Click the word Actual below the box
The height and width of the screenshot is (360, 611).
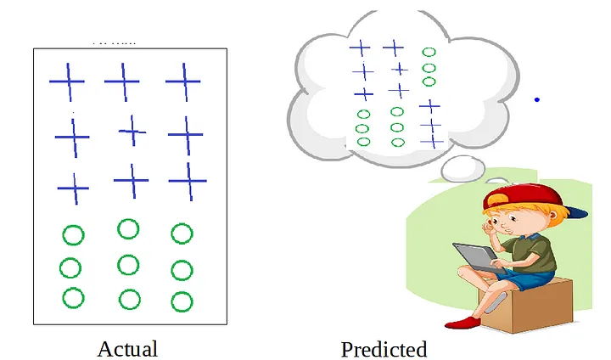pyautogui.click(x=127, y=348)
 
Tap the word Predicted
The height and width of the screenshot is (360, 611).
pyautogui.click(x=384, y=348)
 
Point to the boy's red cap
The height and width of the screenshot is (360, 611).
pyautogui.click(x=518, y=200)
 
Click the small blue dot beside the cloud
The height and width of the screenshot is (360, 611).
pyautogui.click(x=536, y=100)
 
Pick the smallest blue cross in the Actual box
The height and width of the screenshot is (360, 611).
pyautogui.click(x=132, y=130)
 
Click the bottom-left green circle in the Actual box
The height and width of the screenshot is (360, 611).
pyautogui.click(x=73, y=298)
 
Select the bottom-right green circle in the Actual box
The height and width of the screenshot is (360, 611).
pyautogui.click(x=182, y=301)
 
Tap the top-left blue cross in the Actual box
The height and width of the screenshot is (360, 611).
pyautogui.click(x=67, y=82)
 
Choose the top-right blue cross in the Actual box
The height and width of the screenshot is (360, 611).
pyautogui.click(x=182, y=82)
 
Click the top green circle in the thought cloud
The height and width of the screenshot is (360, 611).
pyautogui.click(x=429, y=52)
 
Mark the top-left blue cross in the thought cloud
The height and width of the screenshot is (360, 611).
pyautogui.click(x=361, y=48)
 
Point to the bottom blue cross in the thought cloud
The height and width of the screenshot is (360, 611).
pyautogui.click(x=433, y=141)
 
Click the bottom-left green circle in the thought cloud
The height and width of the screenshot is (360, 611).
pyautogui.click(x=362, y=141)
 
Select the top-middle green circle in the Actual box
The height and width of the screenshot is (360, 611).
pyautogui.click(x=128, y=228)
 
